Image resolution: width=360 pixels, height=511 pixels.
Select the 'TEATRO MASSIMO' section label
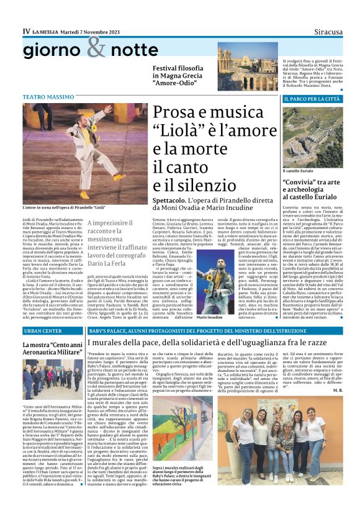coord(48,98)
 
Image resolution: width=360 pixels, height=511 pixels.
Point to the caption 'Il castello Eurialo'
coord(300,171)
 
